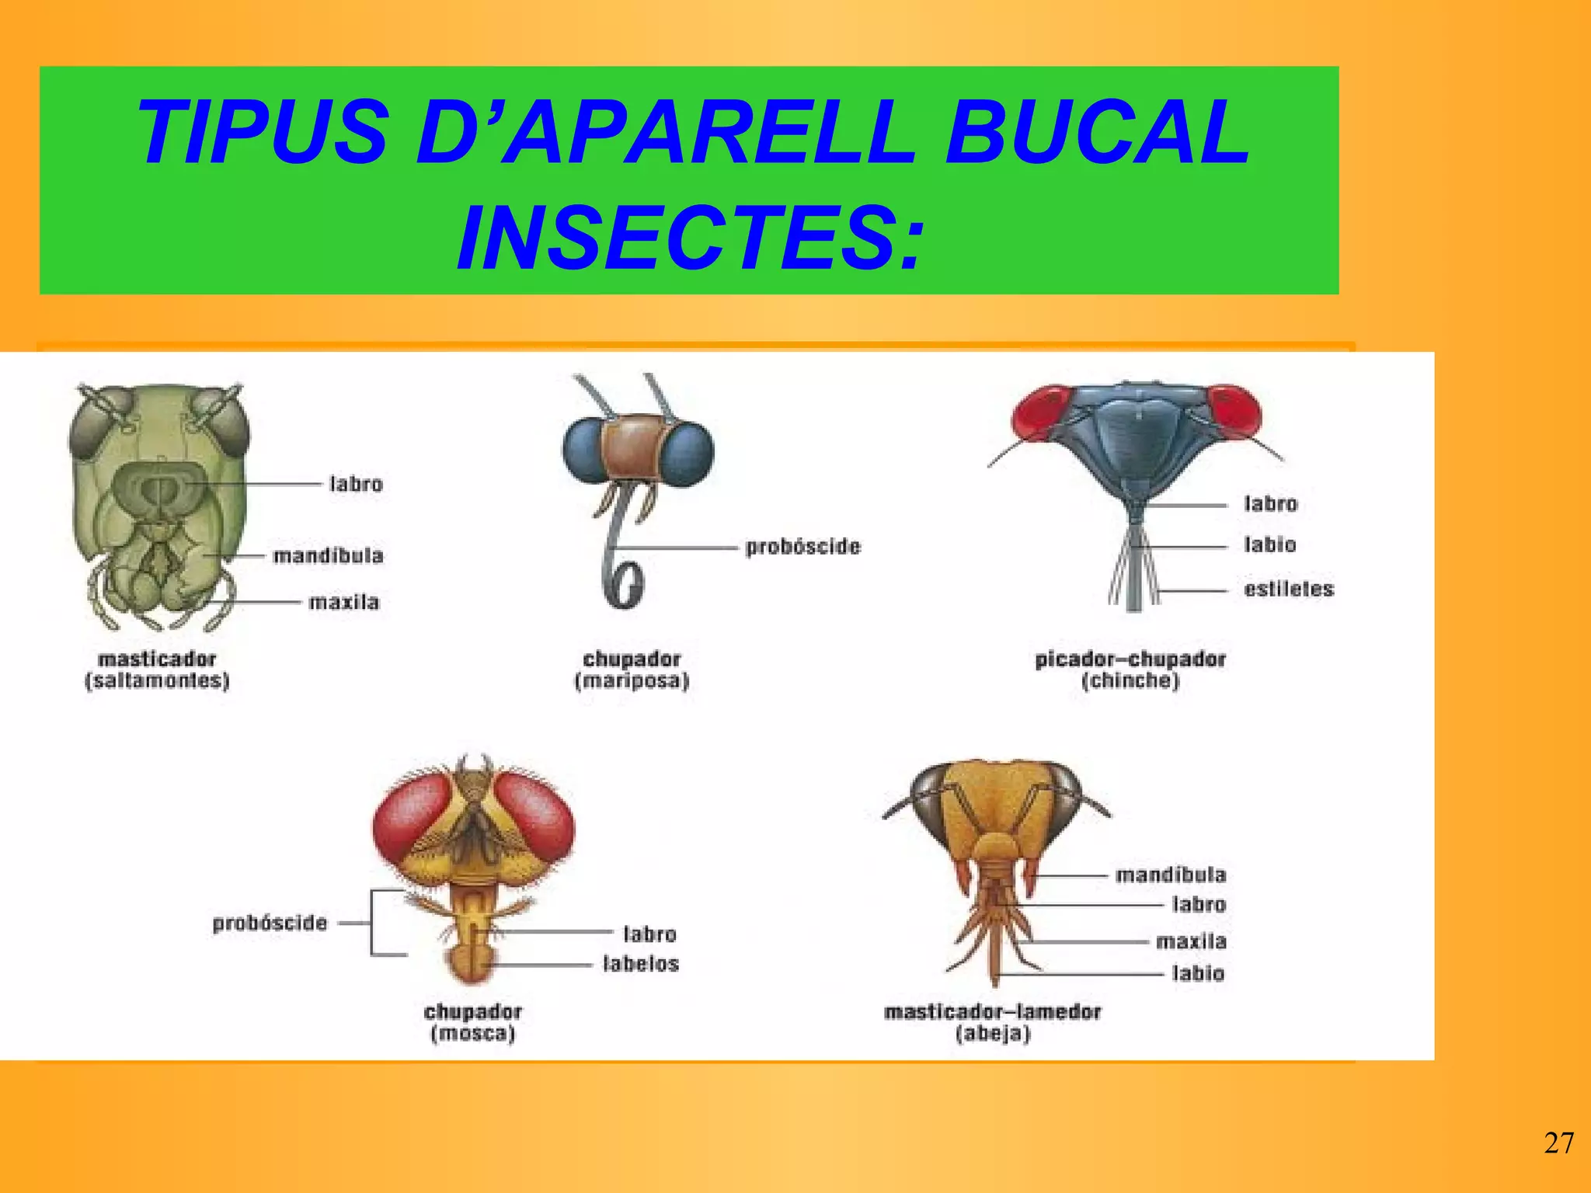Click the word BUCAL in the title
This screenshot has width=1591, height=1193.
pos(1097,132)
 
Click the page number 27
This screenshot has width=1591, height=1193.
pos(1558,1143)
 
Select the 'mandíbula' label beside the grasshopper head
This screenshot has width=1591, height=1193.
pos(328,555)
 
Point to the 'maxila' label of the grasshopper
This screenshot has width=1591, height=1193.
pos(343,602)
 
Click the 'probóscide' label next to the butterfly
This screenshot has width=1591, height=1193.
pos(802,547)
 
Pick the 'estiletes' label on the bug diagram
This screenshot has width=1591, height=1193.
pos(1289,589)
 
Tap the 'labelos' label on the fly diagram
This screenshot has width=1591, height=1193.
pos(641,964)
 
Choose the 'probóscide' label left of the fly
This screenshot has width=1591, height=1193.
pos(270,923)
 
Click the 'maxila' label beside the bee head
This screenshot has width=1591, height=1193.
pos(1191,941)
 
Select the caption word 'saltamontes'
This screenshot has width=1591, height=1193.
pos(157,681)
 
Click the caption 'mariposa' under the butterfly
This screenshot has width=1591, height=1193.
pos(632,681)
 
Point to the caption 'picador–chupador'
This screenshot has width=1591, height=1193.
pos(1130,659)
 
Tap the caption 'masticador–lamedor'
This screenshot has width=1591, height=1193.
pos(992,1011)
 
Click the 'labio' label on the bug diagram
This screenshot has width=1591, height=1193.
pos(1270,544)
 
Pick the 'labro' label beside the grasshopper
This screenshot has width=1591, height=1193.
pos(356,484)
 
